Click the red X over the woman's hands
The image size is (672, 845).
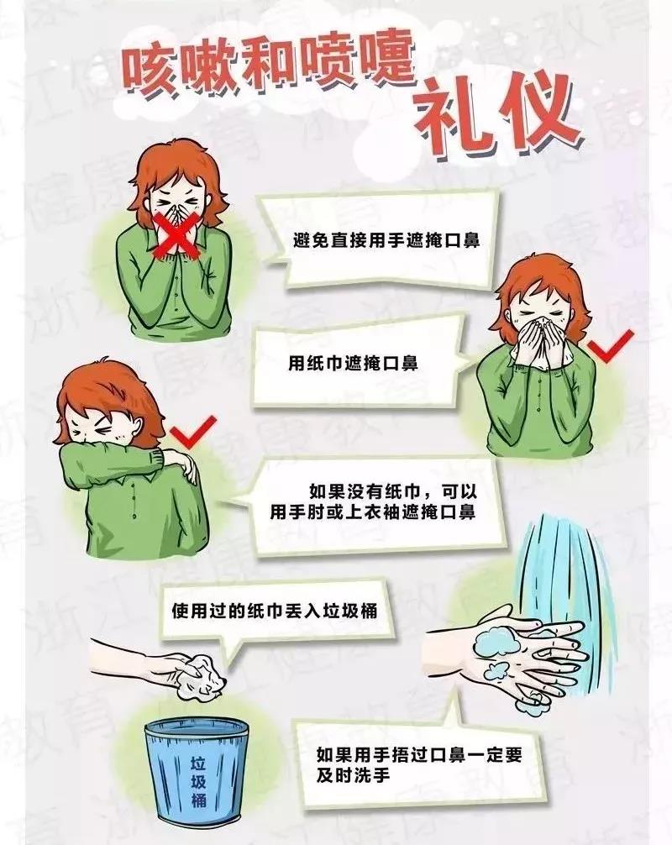[x=176, y=233]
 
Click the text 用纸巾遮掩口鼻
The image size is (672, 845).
[x=353, y=363]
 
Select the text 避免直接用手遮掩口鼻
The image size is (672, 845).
[x=386, y=239]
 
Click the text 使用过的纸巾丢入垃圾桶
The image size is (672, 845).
[x=275, y=611]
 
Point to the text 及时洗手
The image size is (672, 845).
[x=353, y=775]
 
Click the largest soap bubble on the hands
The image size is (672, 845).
[x=496, y=641]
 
